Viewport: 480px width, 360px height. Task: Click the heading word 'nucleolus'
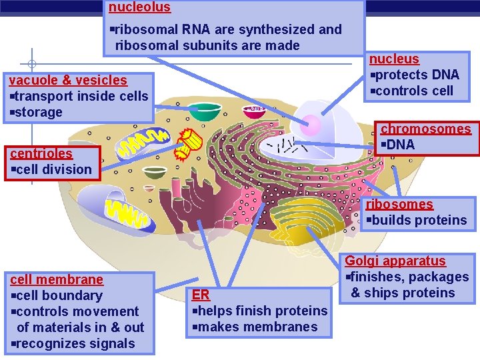click(139, 7)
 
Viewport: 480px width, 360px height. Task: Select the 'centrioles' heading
click(41, 153)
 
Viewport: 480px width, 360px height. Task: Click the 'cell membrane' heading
click(57, 279)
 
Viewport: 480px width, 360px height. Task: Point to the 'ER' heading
click(201, 295)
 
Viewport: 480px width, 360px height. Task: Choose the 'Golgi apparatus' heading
click(396, 261)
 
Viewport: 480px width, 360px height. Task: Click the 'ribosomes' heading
click(399, 204)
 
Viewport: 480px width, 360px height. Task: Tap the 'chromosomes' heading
click(425, 129)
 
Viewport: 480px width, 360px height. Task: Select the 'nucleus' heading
click(395, 59)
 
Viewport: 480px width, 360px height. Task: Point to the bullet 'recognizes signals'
click(75, 343)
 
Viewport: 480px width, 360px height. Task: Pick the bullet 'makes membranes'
click(257, 327)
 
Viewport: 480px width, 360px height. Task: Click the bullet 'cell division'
click(54, 169)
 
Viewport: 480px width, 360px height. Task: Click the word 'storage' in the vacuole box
click(38, 112)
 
